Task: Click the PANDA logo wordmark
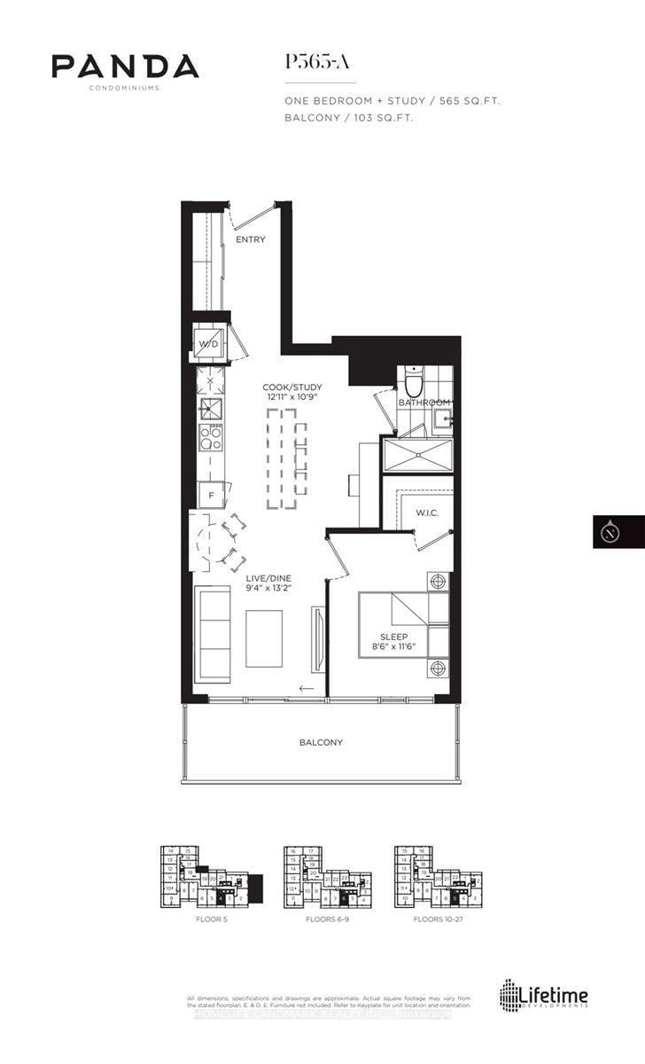(125, 66)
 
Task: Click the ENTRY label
(250, 240)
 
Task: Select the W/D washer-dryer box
(209, 343)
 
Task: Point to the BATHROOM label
(424, 403)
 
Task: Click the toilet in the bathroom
(412, 381)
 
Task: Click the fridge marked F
(211, 495)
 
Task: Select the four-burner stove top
(210, 437)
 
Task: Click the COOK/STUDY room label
(291, 387)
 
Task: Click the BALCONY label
(321, 742)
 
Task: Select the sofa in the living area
(213, 632)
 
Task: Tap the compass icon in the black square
(618, 532)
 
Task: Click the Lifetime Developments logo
(545, 996)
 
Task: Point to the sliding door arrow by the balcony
(307, 689)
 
